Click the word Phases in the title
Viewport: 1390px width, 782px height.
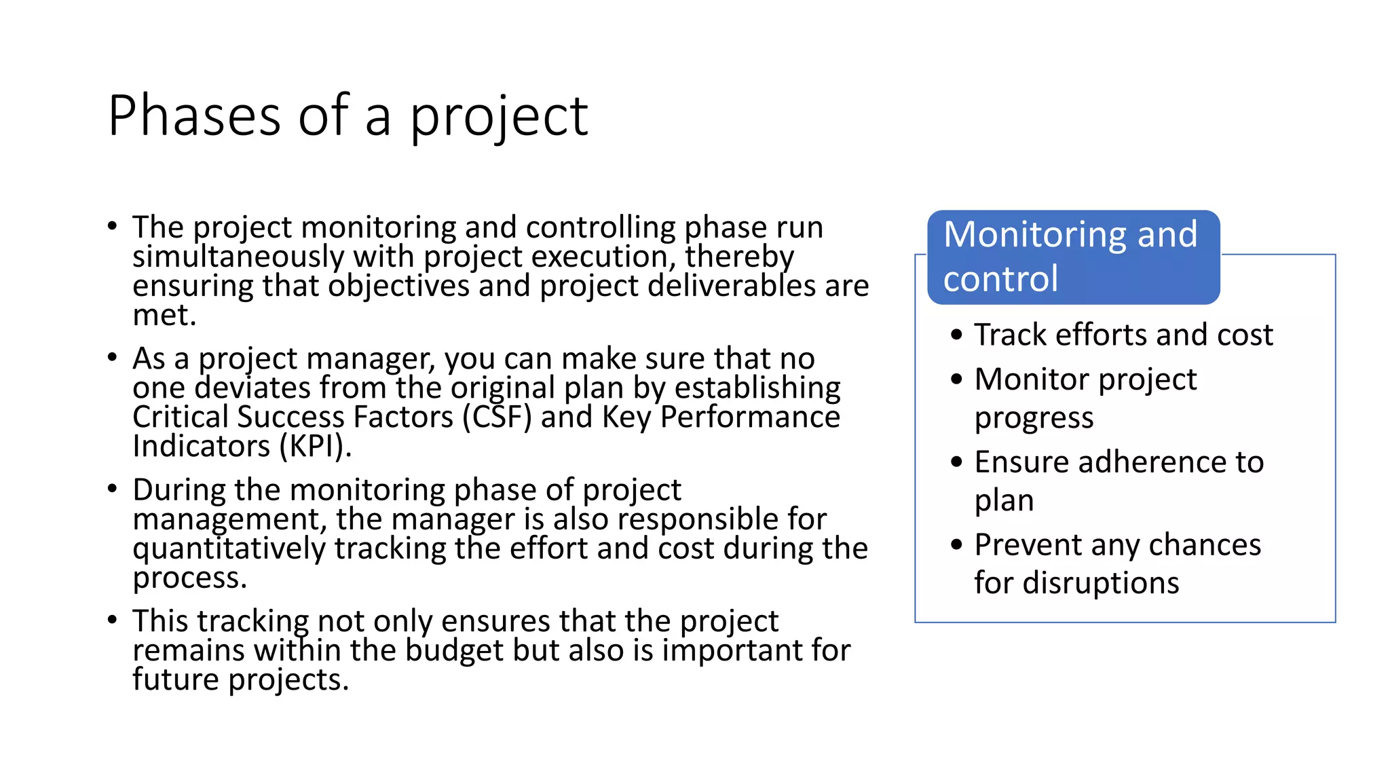pos(194,116)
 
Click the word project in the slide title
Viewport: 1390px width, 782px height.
pos(498,116)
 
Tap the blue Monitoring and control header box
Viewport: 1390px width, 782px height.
pos(1073,257)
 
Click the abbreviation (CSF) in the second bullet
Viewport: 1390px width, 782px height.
pos(497,417)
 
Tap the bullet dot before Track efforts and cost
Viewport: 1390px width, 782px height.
pos(957,335)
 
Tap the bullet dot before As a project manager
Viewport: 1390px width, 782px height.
pos(113,357)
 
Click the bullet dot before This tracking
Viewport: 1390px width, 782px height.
pos(113,620)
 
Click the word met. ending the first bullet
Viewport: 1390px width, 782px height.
pos(164,315)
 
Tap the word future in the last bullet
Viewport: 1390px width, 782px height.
pos(176,679)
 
